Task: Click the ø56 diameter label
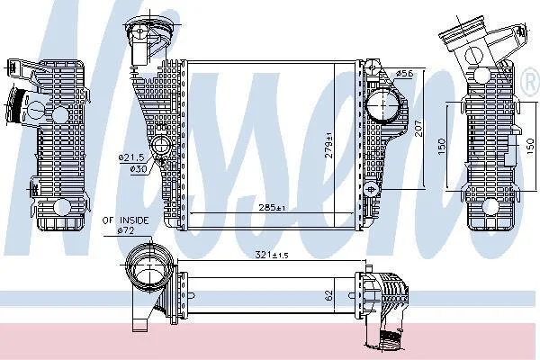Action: (404, 74)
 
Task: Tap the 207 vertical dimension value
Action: (418, 128)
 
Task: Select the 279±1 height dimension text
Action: (329, 145)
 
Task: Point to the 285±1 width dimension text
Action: (272, 208)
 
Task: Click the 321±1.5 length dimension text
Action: (272, 255)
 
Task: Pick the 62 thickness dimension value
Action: (329, 295)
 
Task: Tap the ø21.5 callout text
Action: (131, 157)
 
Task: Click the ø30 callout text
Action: (139, 169)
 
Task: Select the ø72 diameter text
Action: (126, 230)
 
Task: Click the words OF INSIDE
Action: (125, 220)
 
